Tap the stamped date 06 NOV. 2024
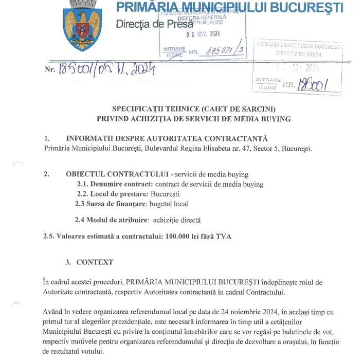pyautogui.click(x=203, y=35)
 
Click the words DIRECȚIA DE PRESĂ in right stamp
pyautogui.click(x=299, y=54)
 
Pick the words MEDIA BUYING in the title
pyautogui.click(x=267, y=119)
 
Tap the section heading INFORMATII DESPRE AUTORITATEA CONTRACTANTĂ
pyautogui.click(x=167, y=139)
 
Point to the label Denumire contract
pyautogui.click(x=115, y=184)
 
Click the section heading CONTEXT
pyautogui.click(x=95, y=262)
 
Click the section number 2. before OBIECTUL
pyautogui.click(x=47, y=174)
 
